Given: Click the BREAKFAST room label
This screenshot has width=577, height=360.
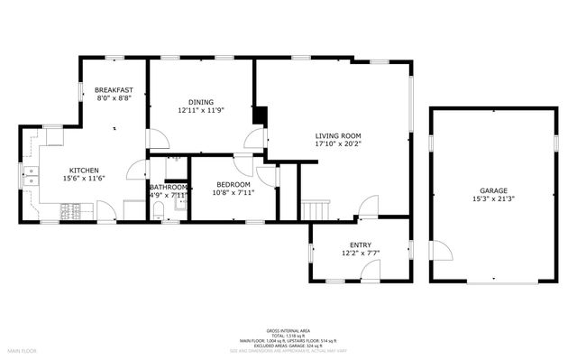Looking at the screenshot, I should click(x=114, y=90).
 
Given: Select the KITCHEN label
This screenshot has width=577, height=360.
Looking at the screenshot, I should click(x=85, y=171).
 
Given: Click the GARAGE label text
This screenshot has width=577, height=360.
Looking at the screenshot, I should click(x=493, y=190).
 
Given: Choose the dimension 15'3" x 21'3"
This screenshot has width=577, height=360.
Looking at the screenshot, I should click(x=493, y=198).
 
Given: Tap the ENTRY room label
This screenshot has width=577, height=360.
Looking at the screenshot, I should click(x=360, y=245).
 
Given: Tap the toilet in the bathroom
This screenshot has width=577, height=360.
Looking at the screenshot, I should click(x=157, y=211).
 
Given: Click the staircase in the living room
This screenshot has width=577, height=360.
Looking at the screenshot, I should click(x=316, y=209).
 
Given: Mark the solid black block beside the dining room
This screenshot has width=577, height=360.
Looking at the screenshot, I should click(x=261, y=115).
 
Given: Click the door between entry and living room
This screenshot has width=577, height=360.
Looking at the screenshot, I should click(x=368, y=209).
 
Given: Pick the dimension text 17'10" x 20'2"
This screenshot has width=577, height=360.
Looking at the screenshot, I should click(x=337, y=143).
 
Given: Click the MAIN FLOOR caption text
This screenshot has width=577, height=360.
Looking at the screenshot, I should click(x=23, y=348).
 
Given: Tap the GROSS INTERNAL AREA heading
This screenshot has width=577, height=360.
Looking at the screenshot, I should click(x=288, y=330).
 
